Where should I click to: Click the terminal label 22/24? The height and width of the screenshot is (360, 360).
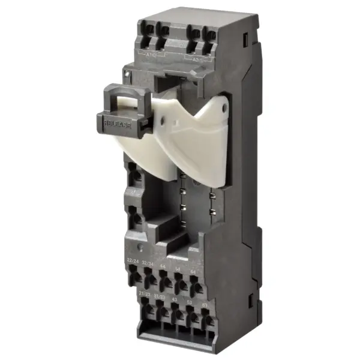click(133, 260)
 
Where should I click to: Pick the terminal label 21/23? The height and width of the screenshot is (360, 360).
click(145, 293)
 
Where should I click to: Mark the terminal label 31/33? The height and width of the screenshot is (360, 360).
click(160, 296)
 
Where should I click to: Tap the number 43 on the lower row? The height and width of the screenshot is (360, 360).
click(175, 299)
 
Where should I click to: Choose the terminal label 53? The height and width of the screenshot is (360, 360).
click(190, 302)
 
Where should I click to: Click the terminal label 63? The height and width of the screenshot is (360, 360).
click(205, 305)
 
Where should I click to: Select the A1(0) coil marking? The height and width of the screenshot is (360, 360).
click(152, 55)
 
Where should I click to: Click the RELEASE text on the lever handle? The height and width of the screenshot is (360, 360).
click(118, 122)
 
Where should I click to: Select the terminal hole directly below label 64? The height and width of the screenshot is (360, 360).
click(195, 287)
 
